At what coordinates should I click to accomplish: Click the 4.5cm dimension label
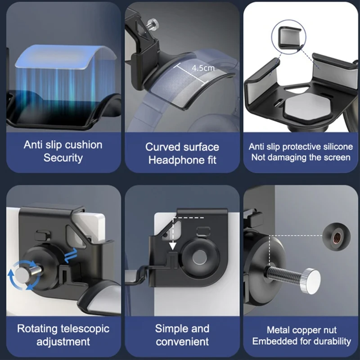[203, 68]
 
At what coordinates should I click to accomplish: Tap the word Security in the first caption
[63, 158]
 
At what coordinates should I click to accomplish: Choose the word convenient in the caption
[182, 342]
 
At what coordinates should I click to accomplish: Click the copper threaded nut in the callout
[337, 237]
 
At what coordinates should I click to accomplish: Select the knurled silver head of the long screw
[311, 281]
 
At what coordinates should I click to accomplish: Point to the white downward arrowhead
[173, 246]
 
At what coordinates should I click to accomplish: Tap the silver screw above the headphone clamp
[153, 24]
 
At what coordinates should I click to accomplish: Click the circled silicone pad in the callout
[289, 37]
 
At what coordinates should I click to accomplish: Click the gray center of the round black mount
[199, 257]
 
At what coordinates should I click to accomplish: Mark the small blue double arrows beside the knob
[71, 255]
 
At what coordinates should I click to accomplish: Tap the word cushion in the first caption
[83, 145]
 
